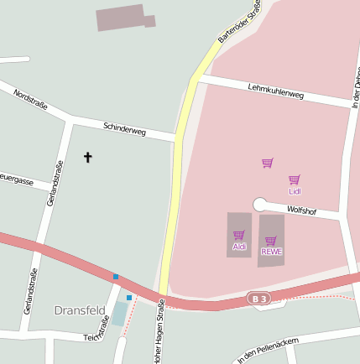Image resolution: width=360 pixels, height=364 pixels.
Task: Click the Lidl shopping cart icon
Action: pos(295,179)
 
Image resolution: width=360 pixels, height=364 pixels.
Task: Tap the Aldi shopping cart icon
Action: pos(239,235)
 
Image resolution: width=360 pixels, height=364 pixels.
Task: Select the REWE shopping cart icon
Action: pos(271,241)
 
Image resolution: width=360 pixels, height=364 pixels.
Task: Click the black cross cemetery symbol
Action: pos(88,157)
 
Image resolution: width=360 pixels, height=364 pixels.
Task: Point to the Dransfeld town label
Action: pos(80,310)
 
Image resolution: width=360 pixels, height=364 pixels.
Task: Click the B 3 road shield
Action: pos(259,299)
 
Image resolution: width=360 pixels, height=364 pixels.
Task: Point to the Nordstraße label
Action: pos(30,100)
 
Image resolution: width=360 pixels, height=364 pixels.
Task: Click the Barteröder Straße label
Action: pos(239,22)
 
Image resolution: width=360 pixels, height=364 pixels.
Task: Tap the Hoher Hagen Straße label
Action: pos(158,336)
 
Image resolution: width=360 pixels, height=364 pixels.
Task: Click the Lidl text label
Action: pos(295,191)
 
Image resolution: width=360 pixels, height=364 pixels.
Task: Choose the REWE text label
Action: pos(271,252)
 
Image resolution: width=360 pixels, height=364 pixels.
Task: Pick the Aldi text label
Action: pos(239,246)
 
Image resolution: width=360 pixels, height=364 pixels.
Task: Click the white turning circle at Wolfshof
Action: pos(259,204)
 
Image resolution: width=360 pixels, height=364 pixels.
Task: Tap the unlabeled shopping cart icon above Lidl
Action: pos(267,163)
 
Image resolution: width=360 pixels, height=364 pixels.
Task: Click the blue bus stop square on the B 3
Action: pos(116,277)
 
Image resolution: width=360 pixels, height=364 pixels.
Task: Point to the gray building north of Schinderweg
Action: pos(122,17)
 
